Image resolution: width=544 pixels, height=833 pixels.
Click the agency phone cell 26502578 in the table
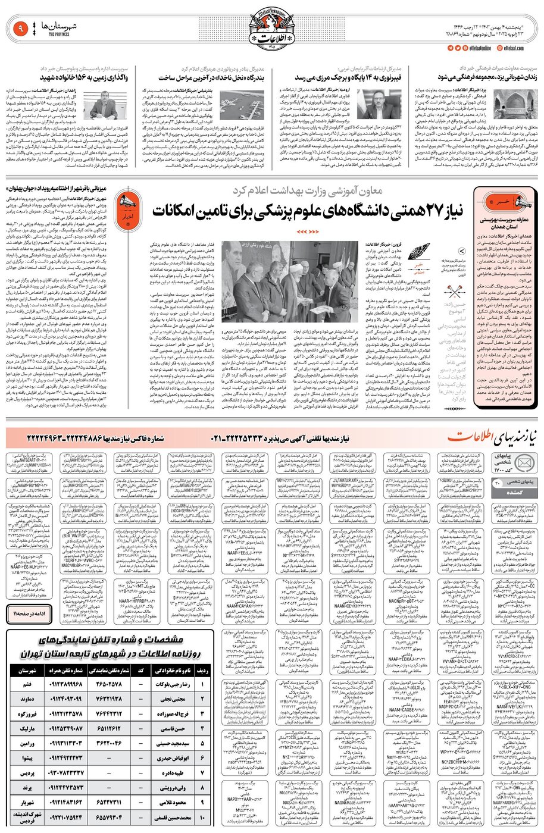(x=108, y=684)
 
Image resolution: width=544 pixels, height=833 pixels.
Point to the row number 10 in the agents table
(x=203, y=818)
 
